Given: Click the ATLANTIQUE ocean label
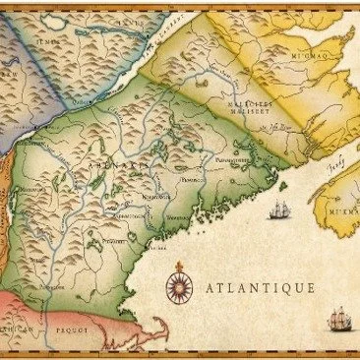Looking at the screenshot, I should [261, 288].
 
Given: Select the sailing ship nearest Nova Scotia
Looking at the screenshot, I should [280, 210].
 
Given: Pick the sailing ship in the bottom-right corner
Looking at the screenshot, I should [339, 318].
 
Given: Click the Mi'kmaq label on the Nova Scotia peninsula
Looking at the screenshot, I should [345, 210].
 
